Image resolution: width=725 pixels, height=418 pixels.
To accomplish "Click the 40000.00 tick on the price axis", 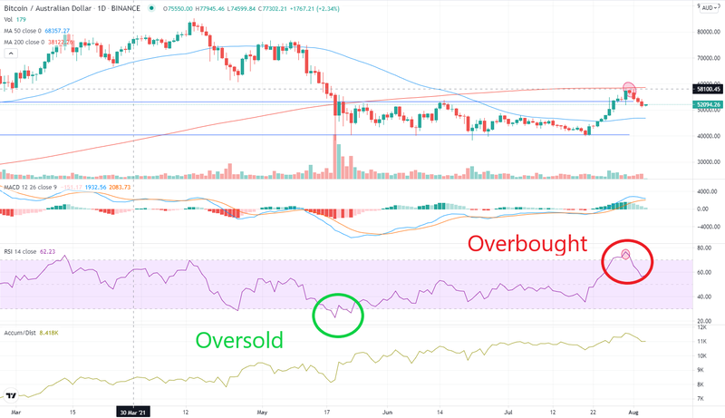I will (x=708, y=136).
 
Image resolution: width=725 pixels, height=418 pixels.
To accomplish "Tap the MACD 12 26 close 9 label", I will (x=30, y=187).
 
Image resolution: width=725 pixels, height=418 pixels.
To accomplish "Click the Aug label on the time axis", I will (x=643, y=410).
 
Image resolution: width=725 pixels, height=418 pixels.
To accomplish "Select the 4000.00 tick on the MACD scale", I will (x=708, y=191).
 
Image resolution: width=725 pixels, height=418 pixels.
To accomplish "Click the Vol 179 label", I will (x=15, y=17).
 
